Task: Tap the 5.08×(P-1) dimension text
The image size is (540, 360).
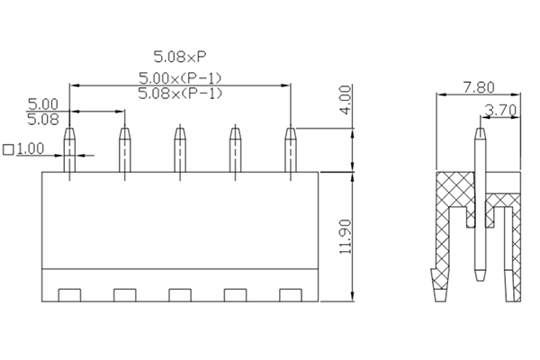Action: pyautogui.click(x=181, y=94)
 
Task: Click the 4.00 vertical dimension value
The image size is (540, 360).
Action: pyautogui.click(x=346, y=100)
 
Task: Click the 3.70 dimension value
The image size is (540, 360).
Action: pyautogui.click(x=499, y=111)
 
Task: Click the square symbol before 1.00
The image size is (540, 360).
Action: pyautogui.click(x=9, y=148)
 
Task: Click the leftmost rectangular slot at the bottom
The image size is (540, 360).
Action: pyautogui.click(x=69, y=294)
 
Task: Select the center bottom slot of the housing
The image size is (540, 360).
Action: pyautogui.click(x=180, y=294)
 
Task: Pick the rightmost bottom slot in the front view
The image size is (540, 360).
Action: pyautogui.click(x=290, y=294)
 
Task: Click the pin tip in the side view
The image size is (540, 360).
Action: pyautogui.click(x=480, y=131)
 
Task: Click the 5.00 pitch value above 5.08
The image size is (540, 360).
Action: pyautogui.click(x=43, y=104)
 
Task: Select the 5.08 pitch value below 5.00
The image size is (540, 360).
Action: pyautogui.click(x=43, y=118)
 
